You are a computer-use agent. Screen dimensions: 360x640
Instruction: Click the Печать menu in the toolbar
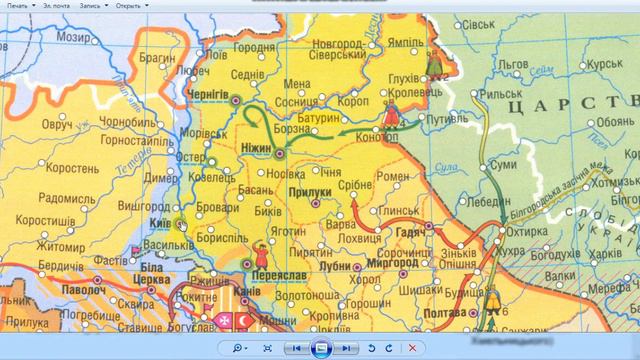(19, 5)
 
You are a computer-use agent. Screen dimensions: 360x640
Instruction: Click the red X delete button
(411, 347)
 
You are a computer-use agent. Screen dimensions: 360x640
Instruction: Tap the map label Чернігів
(209, 95)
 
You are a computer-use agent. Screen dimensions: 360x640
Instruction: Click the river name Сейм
(540, 70)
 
